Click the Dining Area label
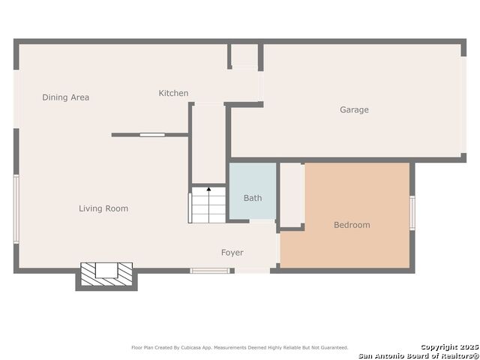(x=65, y=97)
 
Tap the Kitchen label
(x=173, y=93)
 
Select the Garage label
(x=354, y=109)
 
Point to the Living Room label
(x=103, y=208)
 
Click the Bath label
(x=253, y=198)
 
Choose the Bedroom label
(x=352, y=225)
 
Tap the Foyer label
(x=232, y=253)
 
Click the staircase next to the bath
(x=208, y=205)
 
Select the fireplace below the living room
(x=106, y=274)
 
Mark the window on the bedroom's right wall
(x=412, y=212)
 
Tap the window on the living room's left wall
(x=16, y=208)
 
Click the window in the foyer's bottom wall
(x=209, y=271)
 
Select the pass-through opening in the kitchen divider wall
(x=152, y=135)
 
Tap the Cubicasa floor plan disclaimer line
(x=240, y=347)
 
